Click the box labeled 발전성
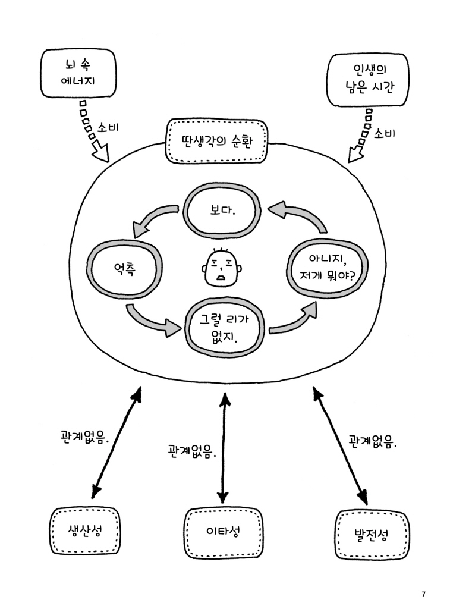point(372,533)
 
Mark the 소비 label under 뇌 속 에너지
point(110,127)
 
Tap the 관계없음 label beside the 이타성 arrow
point(191,450)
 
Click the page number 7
point(423,594)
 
